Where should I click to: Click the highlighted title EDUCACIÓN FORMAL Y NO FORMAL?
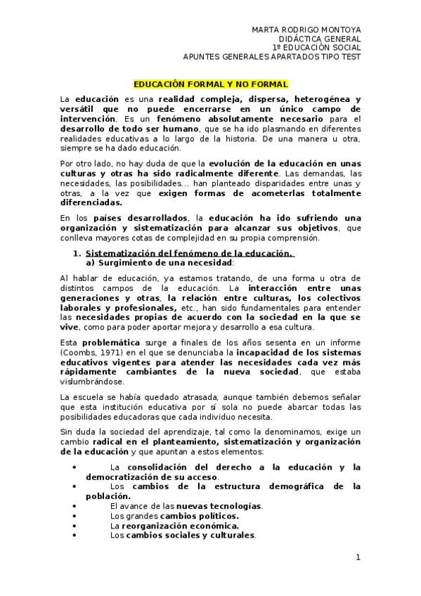[x=210, y=83]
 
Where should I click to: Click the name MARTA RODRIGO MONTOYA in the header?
[x=306, y=30]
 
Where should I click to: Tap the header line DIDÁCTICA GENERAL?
[x=320, y=39]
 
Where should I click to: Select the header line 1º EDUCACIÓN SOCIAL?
[x=318, y=48]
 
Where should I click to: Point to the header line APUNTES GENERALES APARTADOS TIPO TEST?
[x=272, y=57]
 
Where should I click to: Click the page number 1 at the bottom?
[x=358, y=557]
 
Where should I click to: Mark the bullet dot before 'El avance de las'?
[x=75, y=505]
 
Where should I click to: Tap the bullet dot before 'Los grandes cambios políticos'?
[x=75, y=515]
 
